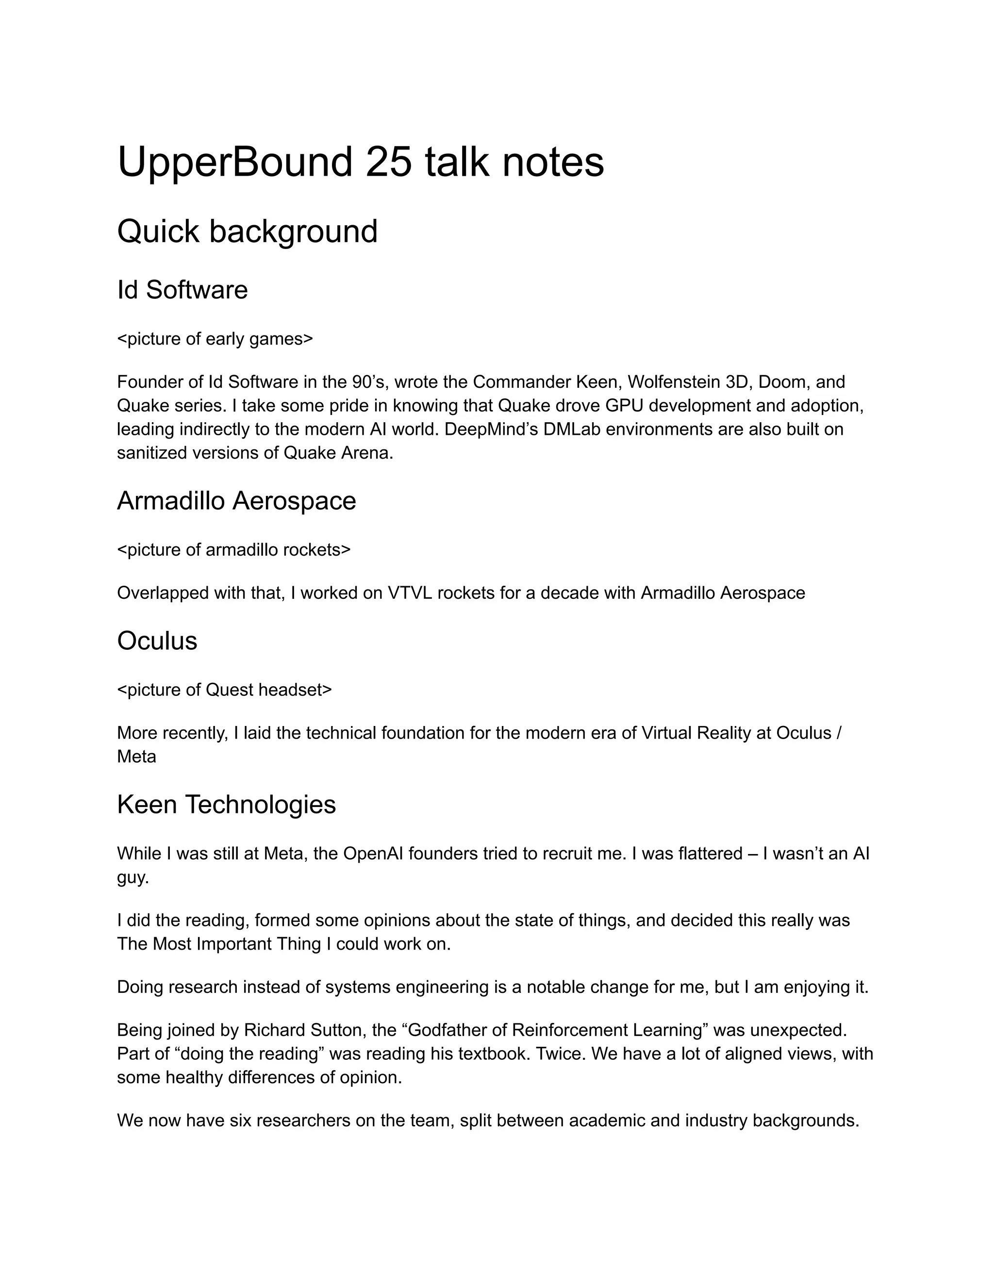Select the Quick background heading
pyautogui.click(x=248, y=231)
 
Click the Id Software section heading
pyautogui.click(x=182, y=290)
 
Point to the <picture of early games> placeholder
pyautogui.click(x=215, y=339)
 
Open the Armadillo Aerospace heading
pyautogui.click(x=237, y=501)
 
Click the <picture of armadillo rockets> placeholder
pyautogui.click(x=234, y=550)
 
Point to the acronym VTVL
pyautogui.click(x=410, y=593)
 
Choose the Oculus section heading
pyautogui.click(x=157, y=641)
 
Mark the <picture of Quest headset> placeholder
pyautogui.click(x=224, y=690)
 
